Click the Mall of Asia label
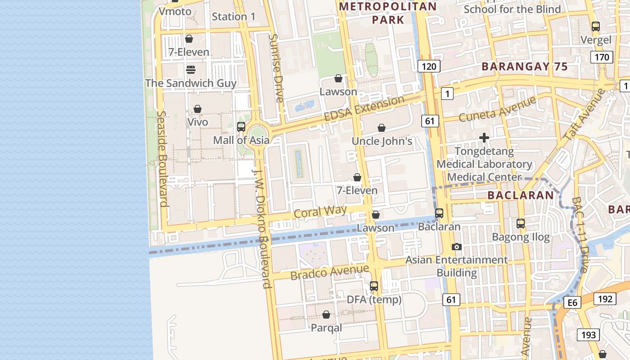(x=241, y=140)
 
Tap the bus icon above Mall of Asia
(x=241, y=127)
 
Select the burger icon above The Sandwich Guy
(x=190, y=70)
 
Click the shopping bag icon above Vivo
(x=197, y=109)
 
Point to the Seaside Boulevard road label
(x=163, y=159)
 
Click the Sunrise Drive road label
(x=276, y=67)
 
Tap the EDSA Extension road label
(x=364, y=108)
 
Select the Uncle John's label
(x=382, y=141)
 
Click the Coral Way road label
(x=320, y=211)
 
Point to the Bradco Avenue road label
(x=329, y=272)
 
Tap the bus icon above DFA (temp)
(x=374, y=286)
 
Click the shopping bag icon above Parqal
(x=326, y=314)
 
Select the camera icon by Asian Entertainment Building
(x=457, y=247)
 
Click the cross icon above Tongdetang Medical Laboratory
(x=484, y=138)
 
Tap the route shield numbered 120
(x=428, y=67)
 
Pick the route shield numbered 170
(x=602, y=57)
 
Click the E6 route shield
(x=572, y=303)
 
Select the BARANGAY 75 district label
(x=524, y=67)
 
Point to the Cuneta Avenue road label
(x=497, y=108)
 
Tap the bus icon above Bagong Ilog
(x=521, y=223)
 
